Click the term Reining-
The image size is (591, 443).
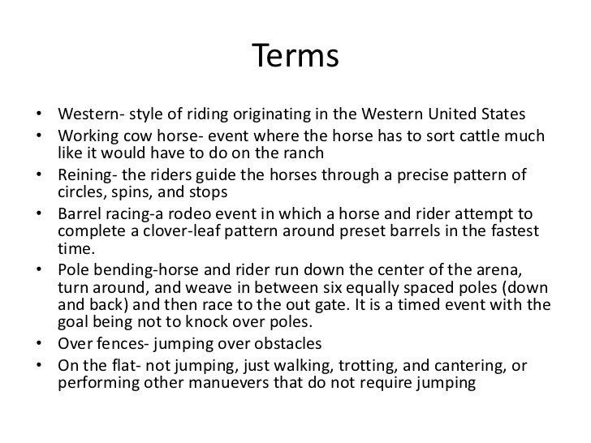(x=90, y=176)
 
